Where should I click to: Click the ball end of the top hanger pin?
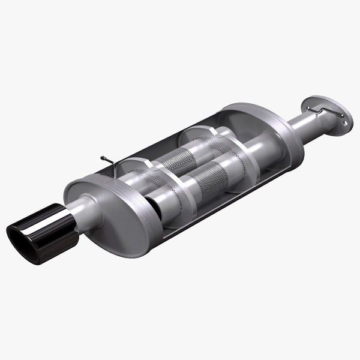click(103, 158)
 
